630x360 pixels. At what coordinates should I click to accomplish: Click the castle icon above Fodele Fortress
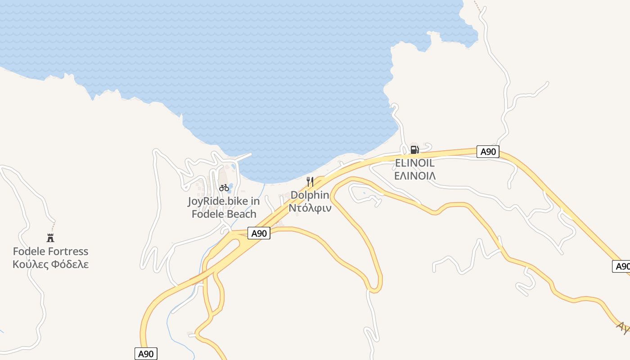tap(50, 238)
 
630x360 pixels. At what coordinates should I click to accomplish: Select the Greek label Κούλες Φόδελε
tap(50, 264)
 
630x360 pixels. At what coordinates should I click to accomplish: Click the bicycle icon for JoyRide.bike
tap(224, 188)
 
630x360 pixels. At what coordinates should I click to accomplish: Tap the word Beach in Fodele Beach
tap(241, 214)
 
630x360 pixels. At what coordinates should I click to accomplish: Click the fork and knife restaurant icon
tap(310, 182)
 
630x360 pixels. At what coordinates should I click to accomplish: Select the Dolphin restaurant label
tap(310, 195)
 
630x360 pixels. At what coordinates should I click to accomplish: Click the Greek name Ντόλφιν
tap(310, 208)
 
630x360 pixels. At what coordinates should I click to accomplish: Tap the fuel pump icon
tap(414, 149)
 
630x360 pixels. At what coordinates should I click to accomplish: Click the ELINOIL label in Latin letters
tap(414, 163)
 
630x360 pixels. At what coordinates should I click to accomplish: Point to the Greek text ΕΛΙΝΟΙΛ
tap(414, 175)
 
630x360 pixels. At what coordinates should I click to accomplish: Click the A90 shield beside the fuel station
tap(488, 152)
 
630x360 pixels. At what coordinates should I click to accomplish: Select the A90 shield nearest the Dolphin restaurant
tap(259, 233)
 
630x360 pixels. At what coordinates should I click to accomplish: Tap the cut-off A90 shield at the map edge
tap(621, 266)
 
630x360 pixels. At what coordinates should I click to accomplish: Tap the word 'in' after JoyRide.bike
tap(256, 201)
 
